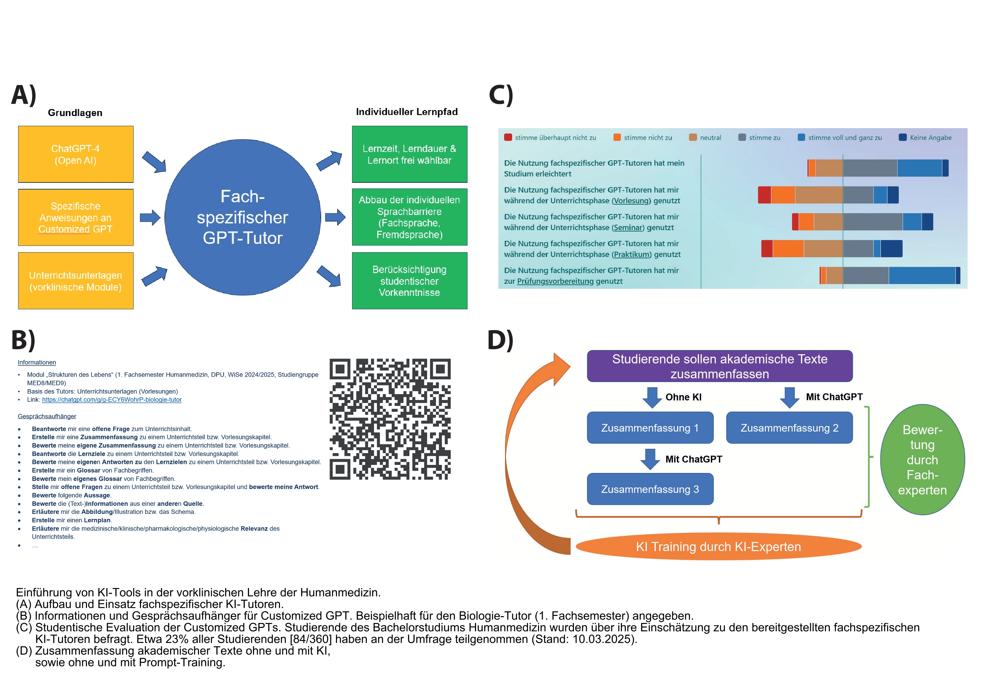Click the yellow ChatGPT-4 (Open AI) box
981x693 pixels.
[x=76, y=154]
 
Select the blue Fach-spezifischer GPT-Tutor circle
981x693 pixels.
[x=242, y=217]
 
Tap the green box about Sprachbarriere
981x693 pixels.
[x=409, y=217]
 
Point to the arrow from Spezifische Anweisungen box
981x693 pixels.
[x=150, y=217]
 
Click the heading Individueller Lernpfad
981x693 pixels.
[x=406, y=112]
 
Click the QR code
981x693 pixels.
[x=390, y=419]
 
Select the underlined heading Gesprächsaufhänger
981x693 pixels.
[x=47, y=416]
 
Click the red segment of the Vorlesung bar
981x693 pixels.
[x=765, y=195]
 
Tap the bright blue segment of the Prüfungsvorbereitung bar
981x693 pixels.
[x=922, y=275]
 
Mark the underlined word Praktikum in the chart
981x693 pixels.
[x=632, y=255]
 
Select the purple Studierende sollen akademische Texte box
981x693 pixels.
[x=720, y=366]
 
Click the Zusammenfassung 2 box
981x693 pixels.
[x=789, y=427]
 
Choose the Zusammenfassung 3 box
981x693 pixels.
[x=650, y=489]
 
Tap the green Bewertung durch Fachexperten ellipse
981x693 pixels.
[x=922, y=460]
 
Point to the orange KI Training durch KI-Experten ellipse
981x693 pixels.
[x=718, y=546]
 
